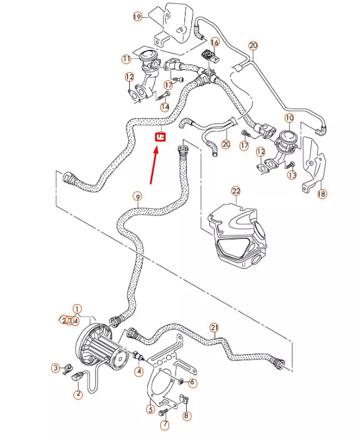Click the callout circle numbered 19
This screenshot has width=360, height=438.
(137, 16)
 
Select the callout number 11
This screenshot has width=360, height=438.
(126, 59)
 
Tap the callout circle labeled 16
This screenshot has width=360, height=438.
(214, 42)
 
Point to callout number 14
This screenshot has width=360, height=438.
(165, 107)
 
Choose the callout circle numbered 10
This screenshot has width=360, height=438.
(289, 118)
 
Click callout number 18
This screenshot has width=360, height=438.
(322, 194)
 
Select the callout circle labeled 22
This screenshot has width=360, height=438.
(236, 191)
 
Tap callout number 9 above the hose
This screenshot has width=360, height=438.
(138, 196)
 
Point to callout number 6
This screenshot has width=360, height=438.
(193, 382)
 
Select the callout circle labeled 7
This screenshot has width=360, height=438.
(164, 425)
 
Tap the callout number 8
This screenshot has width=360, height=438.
(187, 416)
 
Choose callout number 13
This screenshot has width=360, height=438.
(292, 175)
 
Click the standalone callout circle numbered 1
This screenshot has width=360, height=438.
(77, 308)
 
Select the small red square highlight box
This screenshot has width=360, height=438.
(160, 137)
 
